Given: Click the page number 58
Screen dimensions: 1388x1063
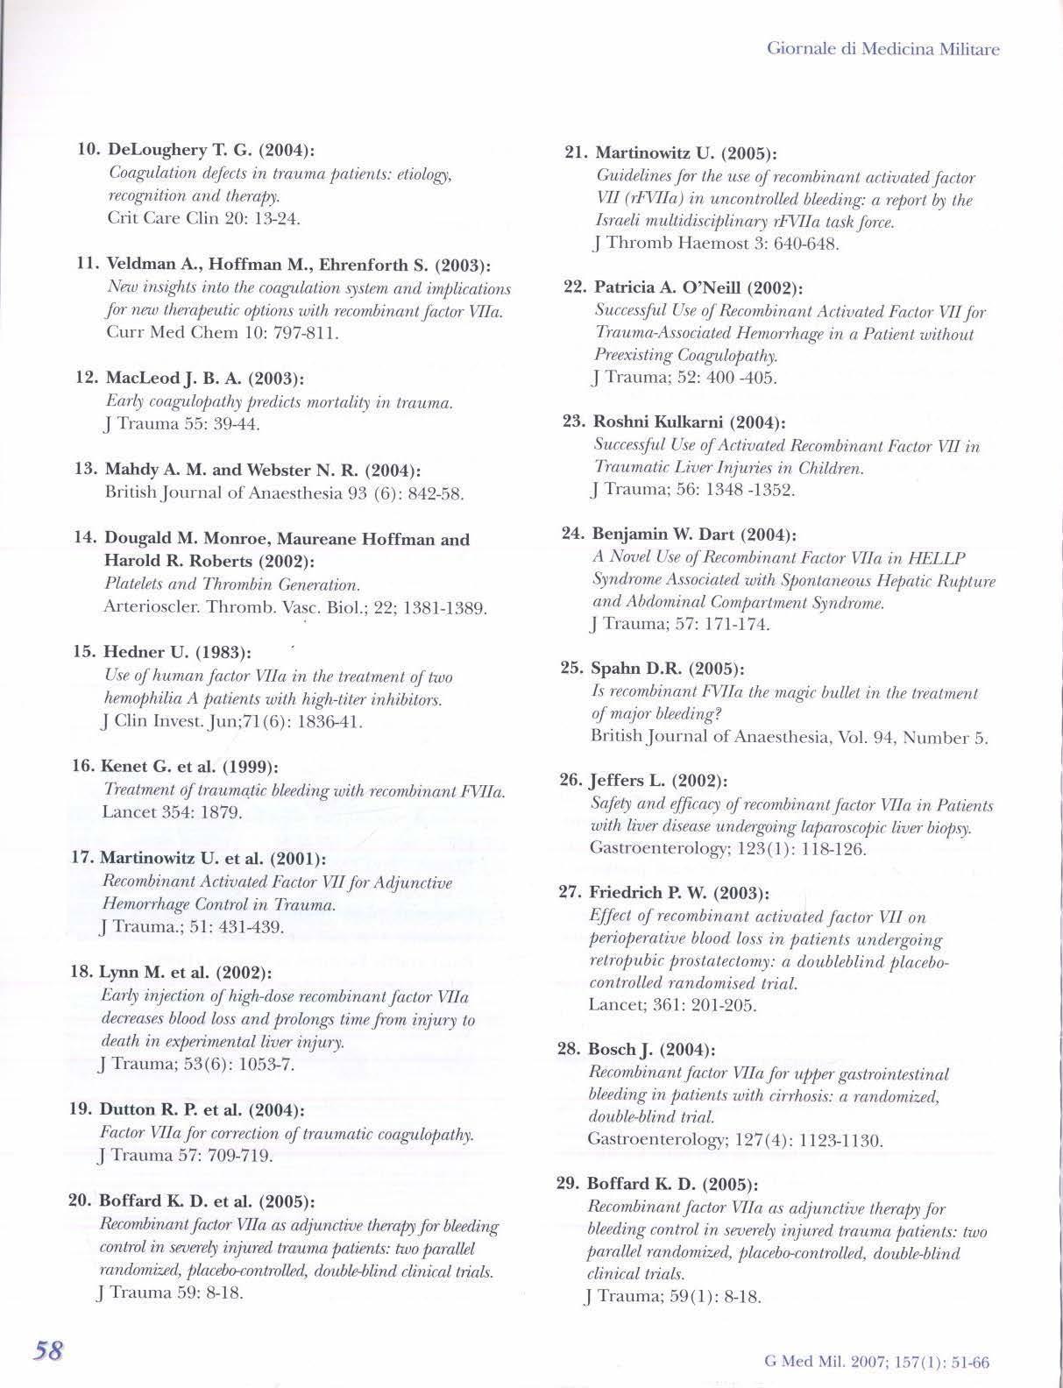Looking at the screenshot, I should coord(47,1349).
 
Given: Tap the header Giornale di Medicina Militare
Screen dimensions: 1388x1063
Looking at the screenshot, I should coord(882,49).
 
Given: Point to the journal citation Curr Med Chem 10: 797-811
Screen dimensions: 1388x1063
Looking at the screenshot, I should coord(222,333).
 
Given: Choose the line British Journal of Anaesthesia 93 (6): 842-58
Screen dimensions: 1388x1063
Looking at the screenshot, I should coord(283,493).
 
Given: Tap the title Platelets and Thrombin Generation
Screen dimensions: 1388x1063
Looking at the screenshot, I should coord(232,584).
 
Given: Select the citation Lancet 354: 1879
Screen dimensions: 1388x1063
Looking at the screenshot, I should coord(172,812).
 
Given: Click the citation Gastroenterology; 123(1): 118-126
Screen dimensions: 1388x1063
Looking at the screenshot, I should coord(716,848).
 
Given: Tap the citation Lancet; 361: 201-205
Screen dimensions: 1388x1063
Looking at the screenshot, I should coord(671,1005).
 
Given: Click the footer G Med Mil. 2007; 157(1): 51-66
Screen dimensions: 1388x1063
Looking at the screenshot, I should coord(876,1363).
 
